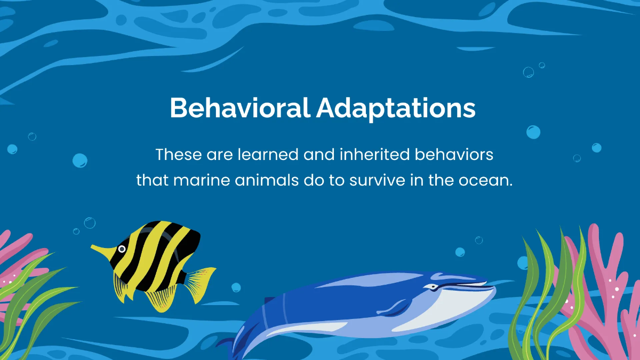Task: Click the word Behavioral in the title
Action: pos(239,108)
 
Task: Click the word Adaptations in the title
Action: pos(395,108)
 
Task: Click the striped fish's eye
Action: pos(122,249)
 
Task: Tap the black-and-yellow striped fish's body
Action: pos(155,259)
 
